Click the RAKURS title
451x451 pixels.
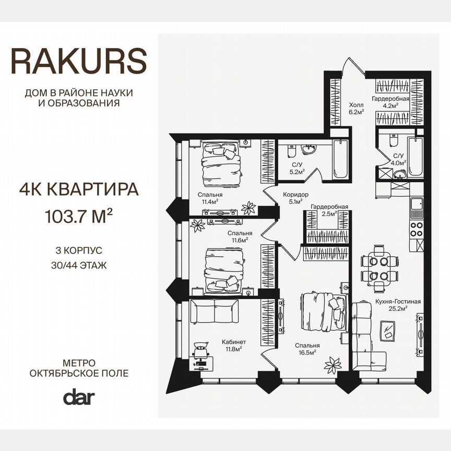click(x=78, y=61)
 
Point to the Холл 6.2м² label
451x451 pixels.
click(x=355, y=107)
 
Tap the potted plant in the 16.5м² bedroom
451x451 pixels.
click(x=332, y=363)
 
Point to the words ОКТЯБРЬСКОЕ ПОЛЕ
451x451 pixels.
click(x=78, y=373)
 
